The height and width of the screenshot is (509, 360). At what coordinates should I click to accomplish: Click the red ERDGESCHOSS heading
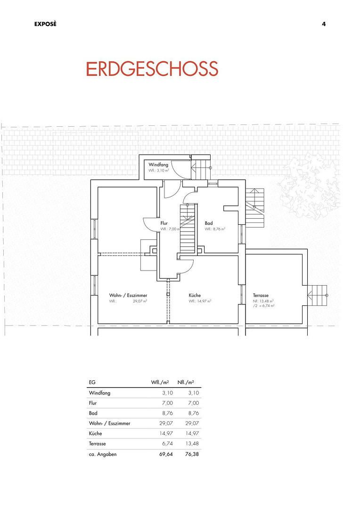(152, 69)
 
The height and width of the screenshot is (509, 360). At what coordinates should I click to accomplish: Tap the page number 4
(324, 24)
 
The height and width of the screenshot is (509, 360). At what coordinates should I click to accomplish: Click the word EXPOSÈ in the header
(45, 24)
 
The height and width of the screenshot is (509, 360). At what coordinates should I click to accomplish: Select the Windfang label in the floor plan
(158, 164)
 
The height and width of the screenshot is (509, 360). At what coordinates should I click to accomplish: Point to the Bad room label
(209, 223)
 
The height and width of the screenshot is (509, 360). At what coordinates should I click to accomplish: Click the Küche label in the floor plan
(195, 295)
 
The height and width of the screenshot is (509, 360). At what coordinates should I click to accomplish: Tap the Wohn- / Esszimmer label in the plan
(128, 296)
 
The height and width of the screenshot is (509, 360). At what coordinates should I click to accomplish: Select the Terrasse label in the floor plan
(261, 296)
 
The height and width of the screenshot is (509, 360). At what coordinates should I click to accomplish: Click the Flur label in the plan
(164, 223)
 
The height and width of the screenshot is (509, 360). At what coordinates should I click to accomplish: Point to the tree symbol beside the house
(308, 186)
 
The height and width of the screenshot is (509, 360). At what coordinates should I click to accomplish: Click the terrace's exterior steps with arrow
(318, 295)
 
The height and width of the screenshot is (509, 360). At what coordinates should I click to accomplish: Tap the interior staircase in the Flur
(188, 229)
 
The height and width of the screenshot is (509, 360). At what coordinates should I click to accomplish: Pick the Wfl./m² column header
(160, 382)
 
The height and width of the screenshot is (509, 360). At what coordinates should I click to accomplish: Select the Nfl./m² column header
(186, 382)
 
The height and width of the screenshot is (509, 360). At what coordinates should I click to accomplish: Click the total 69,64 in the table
(166, 454)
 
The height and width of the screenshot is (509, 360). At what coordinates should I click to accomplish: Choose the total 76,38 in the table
(192, 454)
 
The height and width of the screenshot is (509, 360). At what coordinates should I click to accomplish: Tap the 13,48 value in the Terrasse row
(193, 443)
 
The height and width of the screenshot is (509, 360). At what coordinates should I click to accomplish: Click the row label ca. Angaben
(103, 454)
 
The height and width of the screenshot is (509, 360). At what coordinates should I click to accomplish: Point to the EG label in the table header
(92, 382)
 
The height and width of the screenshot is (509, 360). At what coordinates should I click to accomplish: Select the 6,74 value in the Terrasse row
(167, 443)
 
